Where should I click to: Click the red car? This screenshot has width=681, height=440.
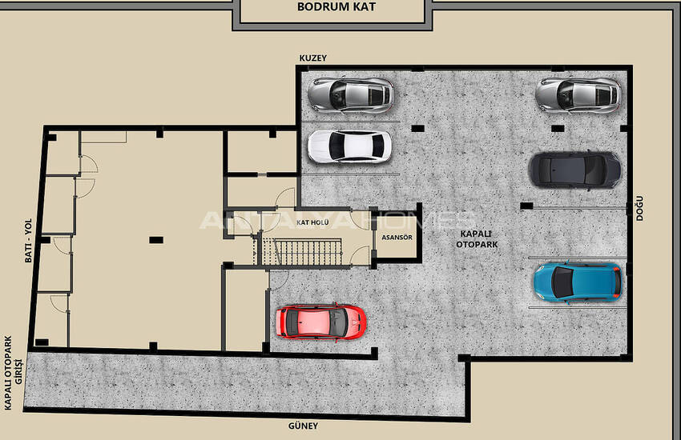click(321, 322)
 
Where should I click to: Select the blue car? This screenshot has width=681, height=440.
click(578, 282)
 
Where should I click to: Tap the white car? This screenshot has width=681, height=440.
click(349, 147)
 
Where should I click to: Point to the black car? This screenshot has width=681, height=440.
click(574, 170)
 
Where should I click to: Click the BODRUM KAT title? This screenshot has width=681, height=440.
click(336, 7)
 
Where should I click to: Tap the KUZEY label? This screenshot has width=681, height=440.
click(312, 58)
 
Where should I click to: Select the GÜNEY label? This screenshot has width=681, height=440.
click(303, 426)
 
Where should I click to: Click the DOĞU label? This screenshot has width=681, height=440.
click(639, 209)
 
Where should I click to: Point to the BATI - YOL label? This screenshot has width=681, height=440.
click(28, 241)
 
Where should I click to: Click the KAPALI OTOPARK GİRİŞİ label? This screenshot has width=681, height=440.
click(13, 374)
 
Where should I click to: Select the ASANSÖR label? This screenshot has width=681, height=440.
click(397, 238)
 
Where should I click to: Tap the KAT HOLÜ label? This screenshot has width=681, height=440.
click(312, 223)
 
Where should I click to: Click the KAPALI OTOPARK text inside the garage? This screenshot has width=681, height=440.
click(477, 239)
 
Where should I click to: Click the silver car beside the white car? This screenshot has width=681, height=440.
click(351, 95)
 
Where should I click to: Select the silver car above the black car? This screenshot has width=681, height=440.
click(578, 95)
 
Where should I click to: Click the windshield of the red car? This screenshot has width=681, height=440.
click(336, 322)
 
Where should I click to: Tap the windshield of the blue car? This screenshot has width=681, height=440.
click(563, 282)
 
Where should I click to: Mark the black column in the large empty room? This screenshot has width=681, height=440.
click(156, 240)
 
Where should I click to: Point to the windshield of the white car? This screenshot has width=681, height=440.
click(337, 146)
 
